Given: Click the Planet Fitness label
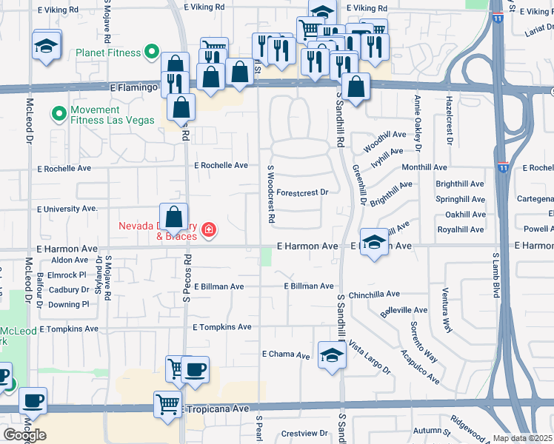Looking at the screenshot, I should [108, 53].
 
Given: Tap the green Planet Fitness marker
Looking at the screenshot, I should [152, 53].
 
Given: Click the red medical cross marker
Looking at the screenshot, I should [209, 230].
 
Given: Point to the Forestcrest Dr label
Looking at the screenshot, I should [303, 192].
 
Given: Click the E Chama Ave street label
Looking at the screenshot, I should [286, 355].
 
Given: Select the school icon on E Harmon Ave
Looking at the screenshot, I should [375, 243].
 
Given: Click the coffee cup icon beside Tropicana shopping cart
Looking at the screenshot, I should [195, 370].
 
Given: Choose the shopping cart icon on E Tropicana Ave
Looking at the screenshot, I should [168, 405].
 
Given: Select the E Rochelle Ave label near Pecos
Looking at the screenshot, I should [221, 166].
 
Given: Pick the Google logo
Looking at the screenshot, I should [24, 435].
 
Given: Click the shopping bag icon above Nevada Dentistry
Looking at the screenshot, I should [173, 218].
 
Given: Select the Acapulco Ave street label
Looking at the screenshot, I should [419, 365].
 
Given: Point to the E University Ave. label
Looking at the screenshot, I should [67, 209].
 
